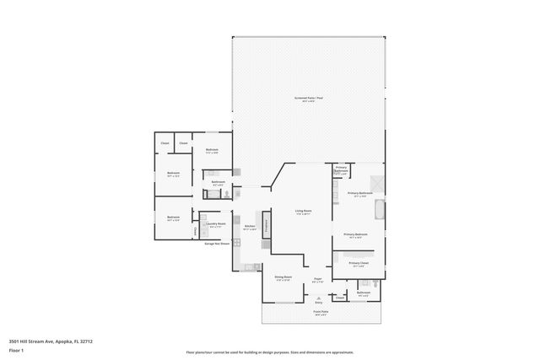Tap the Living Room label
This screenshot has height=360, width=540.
point(303,212)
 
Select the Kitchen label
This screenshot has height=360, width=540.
point(250,228)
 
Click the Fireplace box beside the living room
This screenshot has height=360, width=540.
point(267,225)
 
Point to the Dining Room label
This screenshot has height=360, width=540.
point(283,277)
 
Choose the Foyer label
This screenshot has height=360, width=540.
point(318,279)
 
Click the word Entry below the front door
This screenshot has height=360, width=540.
point(318,302)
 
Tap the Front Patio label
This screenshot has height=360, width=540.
point(321,313)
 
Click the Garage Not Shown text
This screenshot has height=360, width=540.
point(216,244)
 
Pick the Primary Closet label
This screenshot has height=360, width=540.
point(359,264)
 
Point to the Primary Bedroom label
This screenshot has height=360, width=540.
point(355,235)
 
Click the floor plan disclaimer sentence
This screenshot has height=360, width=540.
point(270,352)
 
